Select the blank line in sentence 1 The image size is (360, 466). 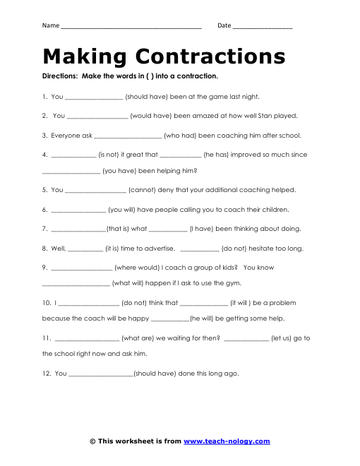click(94, 97)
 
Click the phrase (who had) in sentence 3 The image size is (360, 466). click(181, 135)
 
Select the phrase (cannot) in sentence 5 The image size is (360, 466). click(147, 190)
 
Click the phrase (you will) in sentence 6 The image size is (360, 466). click(127, 210)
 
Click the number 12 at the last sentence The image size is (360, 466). click(45, 374)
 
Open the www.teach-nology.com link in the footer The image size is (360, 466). click(227, 441)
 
